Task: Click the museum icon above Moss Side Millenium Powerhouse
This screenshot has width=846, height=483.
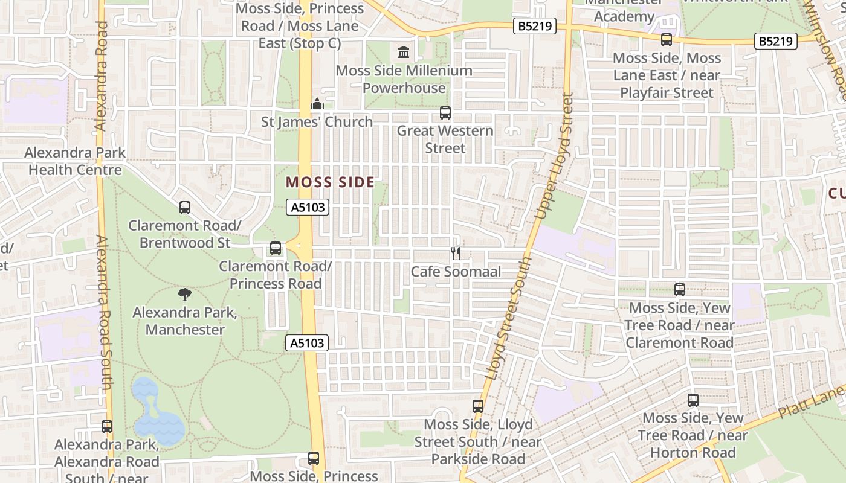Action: [x=404, y=53]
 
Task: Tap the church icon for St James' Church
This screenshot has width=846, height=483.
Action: [x=317, y=104]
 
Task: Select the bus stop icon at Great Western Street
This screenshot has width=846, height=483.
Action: [x=445, y=113]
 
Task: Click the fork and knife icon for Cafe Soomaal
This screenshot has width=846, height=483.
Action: [x=456, y=254]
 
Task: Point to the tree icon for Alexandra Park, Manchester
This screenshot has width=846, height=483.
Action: [x=185, y=295]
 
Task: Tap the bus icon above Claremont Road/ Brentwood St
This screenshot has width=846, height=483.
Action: [x=185, y=208]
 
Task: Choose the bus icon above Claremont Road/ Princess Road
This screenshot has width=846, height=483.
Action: [x=276, y=248]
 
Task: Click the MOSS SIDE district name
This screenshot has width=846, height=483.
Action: [x=330, y=182]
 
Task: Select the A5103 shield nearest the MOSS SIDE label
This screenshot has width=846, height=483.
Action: [x=308, y=208]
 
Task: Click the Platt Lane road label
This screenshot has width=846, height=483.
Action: [x=810, y=402]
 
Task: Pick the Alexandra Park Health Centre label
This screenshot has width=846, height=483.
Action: [x=75, y=161]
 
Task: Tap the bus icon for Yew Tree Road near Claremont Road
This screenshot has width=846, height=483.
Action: [x=680, y=290]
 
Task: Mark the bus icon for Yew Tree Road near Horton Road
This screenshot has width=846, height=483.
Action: [x=693, y=400]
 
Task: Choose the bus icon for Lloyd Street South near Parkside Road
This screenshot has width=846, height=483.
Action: [x=478, y=406]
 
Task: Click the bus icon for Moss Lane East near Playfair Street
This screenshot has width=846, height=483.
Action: [x=667, y=40]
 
